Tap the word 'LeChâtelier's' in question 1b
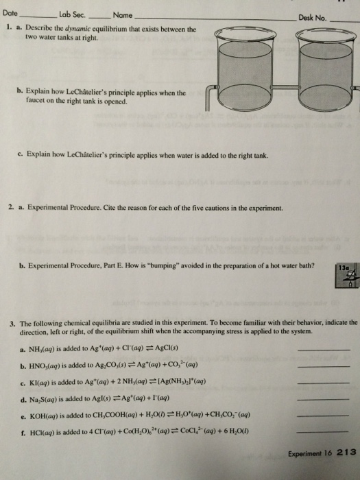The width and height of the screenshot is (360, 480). (x=95, y=92)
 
